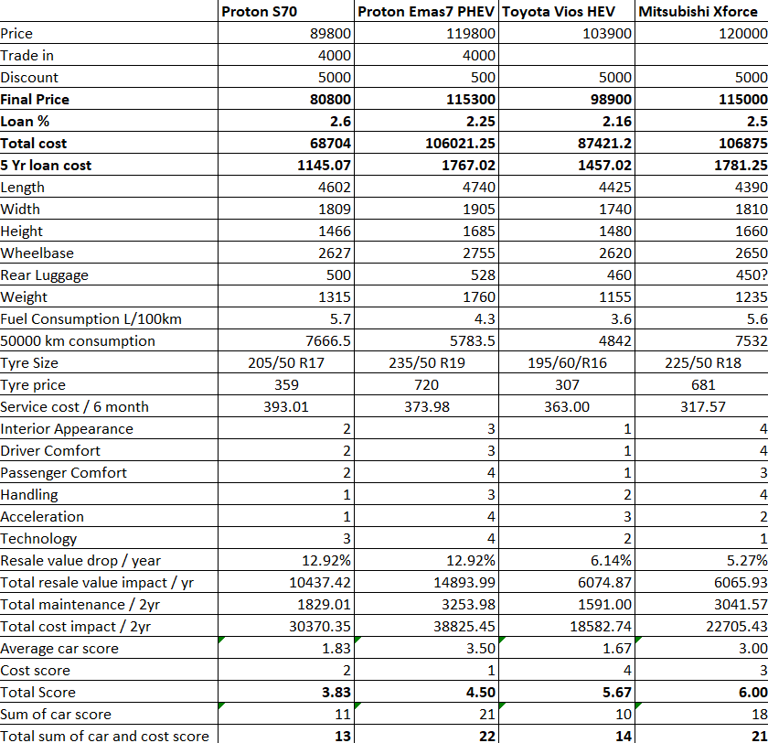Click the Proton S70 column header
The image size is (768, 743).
click(x=259, y=11)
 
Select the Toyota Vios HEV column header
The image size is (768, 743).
click(x=559, y=11)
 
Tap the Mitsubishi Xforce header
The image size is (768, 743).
click(x=698, y=11)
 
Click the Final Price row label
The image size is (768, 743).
click(x=35, y=100)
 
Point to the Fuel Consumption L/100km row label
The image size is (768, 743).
click(x=91, y=319)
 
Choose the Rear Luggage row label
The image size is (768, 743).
click(x=45, y=275)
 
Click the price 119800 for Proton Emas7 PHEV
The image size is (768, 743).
click(x=471, y=33)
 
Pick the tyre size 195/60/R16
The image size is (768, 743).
click(x=567, y=362)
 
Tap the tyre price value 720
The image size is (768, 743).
click(x=427, y=384)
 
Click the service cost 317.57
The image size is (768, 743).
click(x=703, y=407)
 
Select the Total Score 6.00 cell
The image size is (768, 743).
click(x=752, y=692)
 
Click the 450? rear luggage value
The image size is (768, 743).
click(x=752, y=275)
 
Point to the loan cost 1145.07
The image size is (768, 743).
click(x=325, y=166)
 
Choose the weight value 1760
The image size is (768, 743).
click(x=479, y=297)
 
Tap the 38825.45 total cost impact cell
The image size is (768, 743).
click(x=464, y=627)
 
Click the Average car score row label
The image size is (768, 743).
click(x=59, y=649)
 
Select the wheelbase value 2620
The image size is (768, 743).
click(x=615, y=253)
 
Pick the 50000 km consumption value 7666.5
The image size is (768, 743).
click(x=328, y=340)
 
